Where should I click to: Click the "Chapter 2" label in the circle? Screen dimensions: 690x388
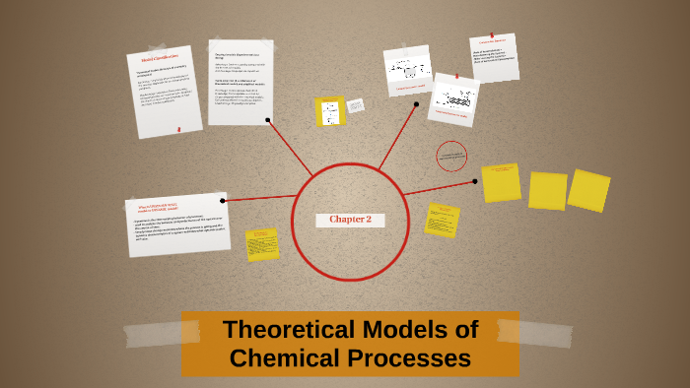(350, 220)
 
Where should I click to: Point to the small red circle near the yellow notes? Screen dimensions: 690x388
(451, 156)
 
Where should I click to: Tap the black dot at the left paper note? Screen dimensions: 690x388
(224, 201)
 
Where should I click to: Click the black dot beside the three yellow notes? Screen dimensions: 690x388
(475, 180)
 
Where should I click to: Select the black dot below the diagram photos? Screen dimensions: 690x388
(416, 104)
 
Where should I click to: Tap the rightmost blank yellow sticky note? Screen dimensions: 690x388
(589, 190)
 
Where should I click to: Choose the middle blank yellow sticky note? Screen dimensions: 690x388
(547, 191)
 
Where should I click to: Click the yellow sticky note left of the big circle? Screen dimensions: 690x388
(262, 244)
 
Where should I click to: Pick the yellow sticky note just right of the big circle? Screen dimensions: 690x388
(442, 220)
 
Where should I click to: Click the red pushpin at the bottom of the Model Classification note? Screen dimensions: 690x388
(178, 128)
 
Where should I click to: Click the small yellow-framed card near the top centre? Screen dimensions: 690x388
(330, 111)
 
